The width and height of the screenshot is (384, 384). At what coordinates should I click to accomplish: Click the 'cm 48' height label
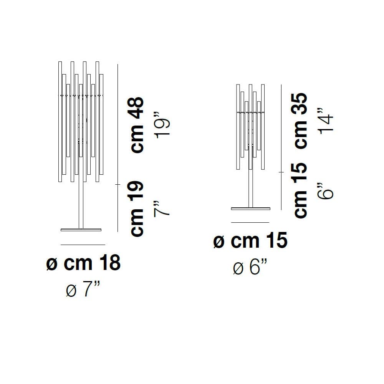137,125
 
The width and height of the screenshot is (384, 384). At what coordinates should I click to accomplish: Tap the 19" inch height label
162,125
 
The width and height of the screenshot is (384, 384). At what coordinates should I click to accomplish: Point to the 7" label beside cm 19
162,209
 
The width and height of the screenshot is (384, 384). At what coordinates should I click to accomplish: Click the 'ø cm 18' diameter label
83,263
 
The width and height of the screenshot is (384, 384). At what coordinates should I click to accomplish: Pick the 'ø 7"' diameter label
83,289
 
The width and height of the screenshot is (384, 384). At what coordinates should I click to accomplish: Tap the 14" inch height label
326,121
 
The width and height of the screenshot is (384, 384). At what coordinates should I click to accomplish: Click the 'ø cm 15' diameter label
250,240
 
